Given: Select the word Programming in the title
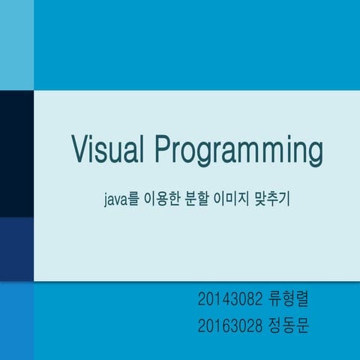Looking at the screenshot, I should pos(239,152).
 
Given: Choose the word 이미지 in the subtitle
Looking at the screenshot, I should pos(238,201).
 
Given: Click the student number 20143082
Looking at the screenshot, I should pos(230,301).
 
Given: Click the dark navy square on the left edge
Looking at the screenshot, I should pos(16,153).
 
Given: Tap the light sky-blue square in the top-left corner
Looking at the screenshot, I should pos(16,44).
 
